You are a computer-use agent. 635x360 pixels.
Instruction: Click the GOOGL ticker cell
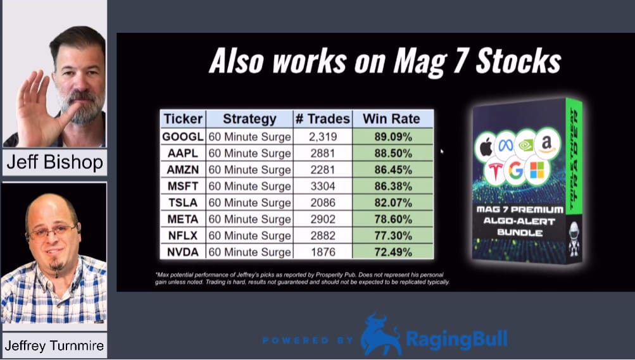[182, 137]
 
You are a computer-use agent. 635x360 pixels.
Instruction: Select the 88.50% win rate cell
[393, 153]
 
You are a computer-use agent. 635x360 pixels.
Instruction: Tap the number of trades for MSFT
[323, 186]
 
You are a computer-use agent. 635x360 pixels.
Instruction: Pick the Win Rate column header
[391, 119]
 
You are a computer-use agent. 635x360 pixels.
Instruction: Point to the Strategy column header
[249, 119]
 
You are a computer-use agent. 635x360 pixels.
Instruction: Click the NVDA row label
[182, 252]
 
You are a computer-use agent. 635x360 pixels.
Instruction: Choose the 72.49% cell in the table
[393, 252]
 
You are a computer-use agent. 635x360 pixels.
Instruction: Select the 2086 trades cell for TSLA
[323, 202]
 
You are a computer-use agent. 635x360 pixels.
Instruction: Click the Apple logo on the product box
[486, 147]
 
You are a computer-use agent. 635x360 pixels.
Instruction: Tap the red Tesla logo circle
[495, 171]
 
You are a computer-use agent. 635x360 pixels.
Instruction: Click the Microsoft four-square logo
[537, 170]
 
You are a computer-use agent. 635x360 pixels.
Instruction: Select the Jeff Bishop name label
[54, 162]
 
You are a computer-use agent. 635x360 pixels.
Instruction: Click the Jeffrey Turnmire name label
[54, 346]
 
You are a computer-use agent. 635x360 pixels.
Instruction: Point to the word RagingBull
[457, 339]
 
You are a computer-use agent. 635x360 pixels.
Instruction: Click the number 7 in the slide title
[460, 61]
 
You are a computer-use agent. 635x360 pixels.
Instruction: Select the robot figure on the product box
[574, 239]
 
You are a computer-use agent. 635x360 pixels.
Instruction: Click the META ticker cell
[182, 220]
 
